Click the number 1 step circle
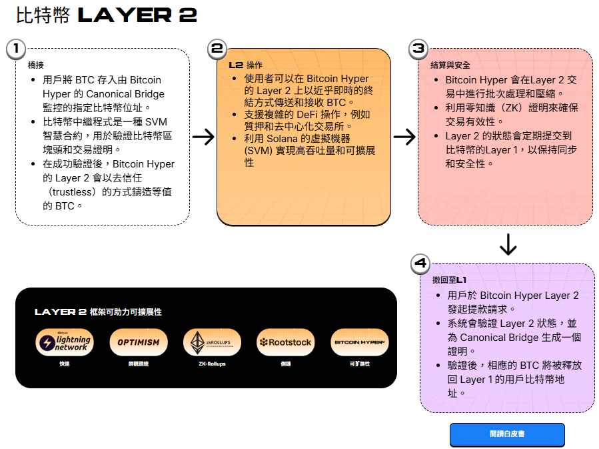pos(15,48)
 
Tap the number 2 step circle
pos(217,48)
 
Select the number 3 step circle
pos(418,48)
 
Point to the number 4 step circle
pos(420,264)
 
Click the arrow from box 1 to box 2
pos(203,137)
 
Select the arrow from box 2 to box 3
pos(404,137)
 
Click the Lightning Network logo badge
pos(64,342)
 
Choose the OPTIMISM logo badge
pos(138,342)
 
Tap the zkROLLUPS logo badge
pos(212,342)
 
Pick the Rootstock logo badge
pos(285,342)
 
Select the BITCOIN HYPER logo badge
pos(360,342)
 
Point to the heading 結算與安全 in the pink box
pos(450,65)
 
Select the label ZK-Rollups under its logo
pos(212,364)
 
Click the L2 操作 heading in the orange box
pos(245,65)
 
